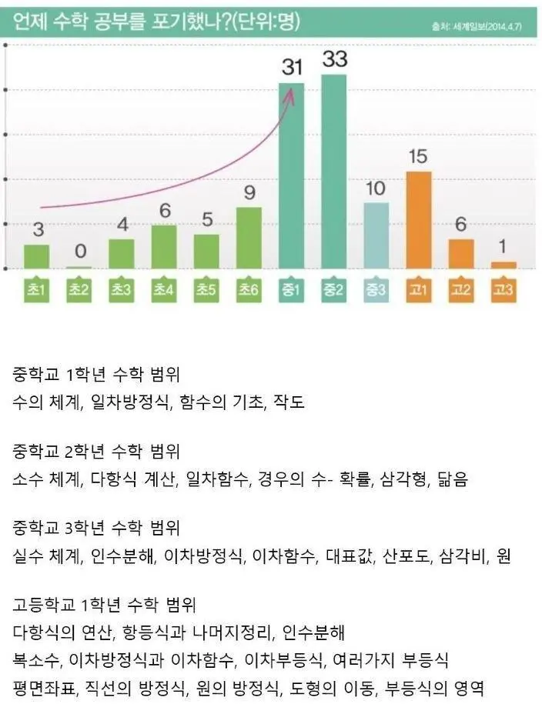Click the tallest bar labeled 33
pyautogui.click(x=334, y=171)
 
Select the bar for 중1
pyautogui.click(x=291, y=175)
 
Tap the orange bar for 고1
pyautogui.click(x=419, y=219)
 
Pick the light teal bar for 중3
pyautogui.click(x=376, y=235)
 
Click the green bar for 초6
pyautogui.click(x=249, y=238)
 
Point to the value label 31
pyautogui.click(x=291, y=68)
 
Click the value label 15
pyautogui.click(x=418, y=157)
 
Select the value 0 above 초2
pyautogui.click(x=79, y=252)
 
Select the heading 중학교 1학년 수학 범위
pyautogui.click(x=96, y=375)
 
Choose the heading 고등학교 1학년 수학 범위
pyautogui.click(x=106, y=605)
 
